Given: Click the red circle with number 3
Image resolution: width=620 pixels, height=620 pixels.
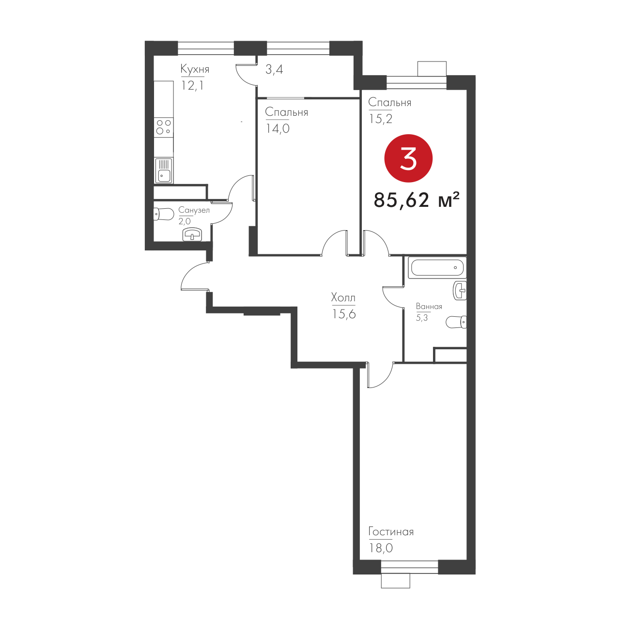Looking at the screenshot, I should pos(408,158).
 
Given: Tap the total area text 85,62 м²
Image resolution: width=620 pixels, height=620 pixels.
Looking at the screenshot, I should pos(417,200).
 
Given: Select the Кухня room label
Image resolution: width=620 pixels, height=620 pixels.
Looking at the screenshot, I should pos(195,69).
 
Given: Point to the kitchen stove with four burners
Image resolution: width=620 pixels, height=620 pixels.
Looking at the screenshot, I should pos(164,127).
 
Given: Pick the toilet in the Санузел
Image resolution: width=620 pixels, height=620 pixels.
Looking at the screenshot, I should pos(164,214).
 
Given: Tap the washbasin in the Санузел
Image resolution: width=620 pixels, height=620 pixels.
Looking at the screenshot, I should pos(193,235).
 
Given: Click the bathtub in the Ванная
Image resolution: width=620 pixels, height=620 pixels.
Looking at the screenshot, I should pos(437,268).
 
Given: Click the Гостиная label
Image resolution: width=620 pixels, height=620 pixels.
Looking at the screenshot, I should pos(391,532).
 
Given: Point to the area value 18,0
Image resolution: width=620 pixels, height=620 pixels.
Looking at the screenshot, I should pos(381,548).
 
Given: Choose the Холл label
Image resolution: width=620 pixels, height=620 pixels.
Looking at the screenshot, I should pos(343,297).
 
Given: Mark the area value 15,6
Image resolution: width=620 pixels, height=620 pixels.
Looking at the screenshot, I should pos(344,314).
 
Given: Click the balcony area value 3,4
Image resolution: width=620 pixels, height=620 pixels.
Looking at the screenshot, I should pos(274,69).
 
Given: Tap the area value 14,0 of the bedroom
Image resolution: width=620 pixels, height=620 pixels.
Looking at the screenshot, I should pos(278,128).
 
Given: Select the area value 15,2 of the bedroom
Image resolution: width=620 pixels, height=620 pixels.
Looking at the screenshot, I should pos(380,119).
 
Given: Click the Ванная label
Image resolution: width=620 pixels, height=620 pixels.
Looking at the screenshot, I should pos(429,307).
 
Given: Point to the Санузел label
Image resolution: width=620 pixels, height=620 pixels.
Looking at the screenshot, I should pos(194,210).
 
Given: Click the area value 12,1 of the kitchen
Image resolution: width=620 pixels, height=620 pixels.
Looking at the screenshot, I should pos(192,85).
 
